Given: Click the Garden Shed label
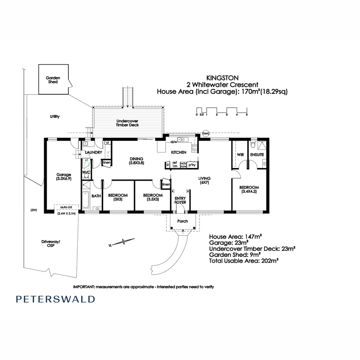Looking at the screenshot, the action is (53, 80).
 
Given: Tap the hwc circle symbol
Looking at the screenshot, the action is (206, 133).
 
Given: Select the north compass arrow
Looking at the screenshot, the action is (122, 242).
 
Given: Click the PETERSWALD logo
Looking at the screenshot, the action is (55, 299).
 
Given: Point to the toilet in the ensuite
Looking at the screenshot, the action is (253, 144).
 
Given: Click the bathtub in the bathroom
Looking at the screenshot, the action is (86, 200).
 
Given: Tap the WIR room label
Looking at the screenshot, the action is (240, 155).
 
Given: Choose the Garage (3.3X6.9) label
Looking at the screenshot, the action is (64, 177).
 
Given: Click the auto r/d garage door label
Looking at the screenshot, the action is (66, 207).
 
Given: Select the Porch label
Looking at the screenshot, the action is (183, 221).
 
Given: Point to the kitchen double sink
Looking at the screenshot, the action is (183, 139).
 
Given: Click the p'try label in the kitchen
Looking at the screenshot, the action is (192, 165).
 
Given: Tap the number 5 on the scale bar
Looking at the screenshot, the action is (247, 115).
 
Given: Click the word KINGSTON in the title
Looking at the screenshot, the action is (222, 78).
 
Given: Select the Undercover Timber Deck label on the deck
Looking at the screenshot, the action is (127, 123).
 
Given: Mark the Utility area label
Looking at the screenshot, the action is (55, 116).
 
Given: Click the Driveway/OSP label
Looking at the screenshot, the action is (51, 244).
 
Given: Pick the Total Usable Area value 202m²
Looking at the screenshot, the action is (270, 261).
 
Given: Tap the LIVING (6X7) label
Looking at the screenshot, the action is (205, 180).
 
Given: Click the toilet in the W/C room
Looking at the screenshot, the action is (86, 176).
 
